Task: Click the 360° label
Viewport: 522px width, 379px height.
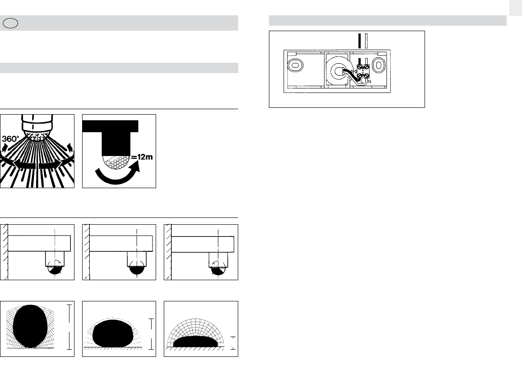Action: click(x=11, y=139)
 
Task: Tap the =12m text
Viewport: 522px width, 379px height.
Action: click(x=142, y=157)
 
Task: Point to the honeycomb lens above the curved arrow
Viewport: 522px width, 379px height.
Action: click(x=117, y=162)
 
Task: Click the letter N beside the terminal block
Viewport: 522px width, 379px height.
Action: click(x=370, y=82)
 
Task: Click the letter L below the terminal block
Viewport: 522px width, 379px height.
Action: click(x=362, y=82)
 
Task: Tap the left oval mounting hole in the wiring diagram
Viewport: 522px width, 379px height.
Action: click(x=295, y=65)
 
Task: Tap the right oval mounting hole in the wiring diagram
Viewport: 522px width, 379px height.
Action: click(x=379, y=65)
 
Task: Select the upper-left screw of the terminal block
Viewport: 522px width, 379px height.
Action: click(x=360, y=67)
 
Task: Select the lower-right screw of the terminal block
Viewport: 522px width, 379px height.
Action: click(x=366, y=76)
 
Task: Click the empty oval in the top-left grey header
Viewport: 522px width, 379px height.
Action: click(x=10, y=23)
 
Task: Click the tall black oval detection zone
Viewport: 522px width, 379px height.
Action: click(x=30, y=326)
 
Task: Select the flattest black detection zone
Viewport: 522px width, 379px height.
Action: click(x=195, y=342)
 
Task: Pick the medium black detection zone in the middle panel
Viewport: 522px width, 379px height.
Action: click(x=113, y=333)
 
